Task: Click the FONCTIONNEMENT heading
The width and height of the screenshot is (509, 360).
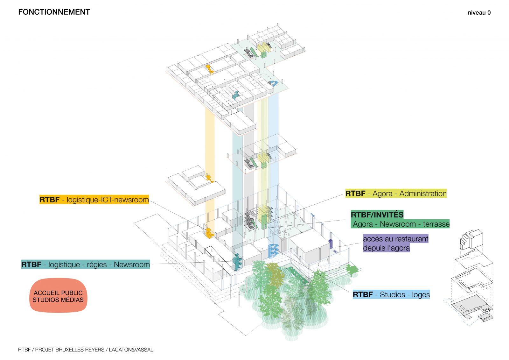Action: pyautogui.click(x=54, y=12)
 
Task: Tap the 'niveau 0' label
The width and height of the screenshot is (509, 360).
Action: pyautogui.click(x=479, y=13)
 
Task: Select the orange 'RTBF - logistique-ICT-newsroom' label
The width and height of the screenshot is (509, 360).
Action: pyautogui.click(x=94, y=200)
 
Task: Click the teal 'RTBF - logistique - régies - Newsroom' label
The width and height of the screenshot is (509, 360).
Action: pyautogui.click(x=86, y=264)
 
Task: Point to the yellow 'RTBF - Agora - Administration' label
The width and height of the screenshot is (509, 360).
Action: pyautogui.click(x=396, y=193)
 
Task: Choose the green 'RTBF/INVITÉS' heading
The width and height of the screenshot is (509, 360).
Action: pyautogui.click(x=377, y=214)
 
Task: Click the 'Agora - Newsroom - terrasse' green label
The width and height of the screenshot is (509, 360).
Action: pyautogui.click(x=400, y=224)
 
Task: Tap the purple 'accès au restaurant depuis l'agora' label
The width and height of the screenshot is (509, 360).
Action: pyautogui.click(x=396, y=243)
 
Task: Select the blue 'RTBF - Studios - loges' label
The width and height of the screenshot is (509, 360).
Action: pyautogui.click(x=391, y=294)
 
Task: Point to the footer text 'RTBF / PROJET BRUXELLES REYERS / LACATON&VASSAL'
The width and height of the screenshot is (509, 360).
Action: pyautogui.click(x=86, y=349)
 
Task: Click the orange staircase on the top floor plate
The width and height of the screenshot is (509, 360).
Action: pyautogui.click(x=210, y=69)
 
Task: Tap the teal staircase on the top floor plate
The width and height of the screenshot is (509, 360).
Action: pyautogui.click(x=236, y=95)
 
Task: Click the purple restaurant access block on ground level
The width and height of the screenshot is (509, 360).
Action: pyautogui.click(x=331, y=244)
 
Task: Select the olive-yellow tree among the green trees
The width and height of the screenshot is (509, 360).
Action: pyautogui.click(x=275, y=274)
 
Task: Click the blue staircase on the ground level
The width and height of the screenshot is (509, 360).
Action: pyautogui.click(x=273, y=251)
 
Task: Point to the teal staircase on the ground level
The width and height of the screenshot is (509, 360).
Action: pyautogui.click(x=237, y=262)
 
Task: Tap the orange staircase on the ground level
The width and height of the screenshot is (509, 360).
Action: pyautogui.click(x=209, y=233)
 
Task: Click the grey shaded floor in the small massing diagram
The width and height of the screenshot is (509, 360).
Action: pyautogui.click(x=471, y=307)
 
